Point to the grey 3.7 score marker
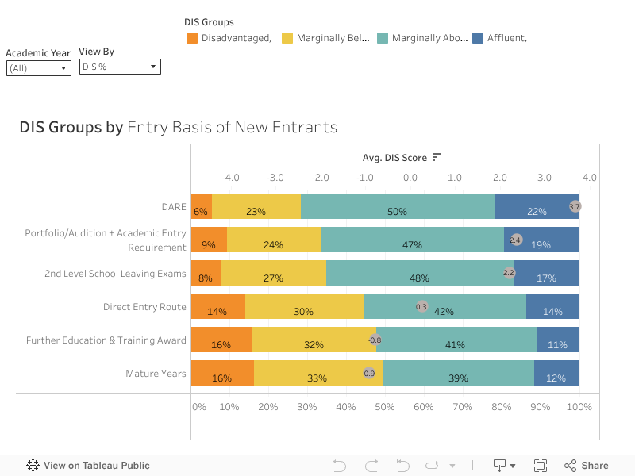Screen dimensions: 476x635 575,206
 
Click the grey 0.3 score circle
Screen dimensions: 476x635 421,306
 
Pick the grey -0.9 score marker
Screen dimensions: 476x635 369,373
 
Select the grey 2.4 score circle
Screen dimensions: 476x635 515,240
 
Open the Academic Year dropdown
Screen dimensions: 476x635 39,68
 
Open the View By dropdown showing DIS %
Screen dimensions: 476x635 120,67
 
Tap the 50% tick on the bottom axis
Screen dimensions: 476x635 385,407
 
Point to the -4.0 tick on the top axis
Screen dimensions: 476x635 231,178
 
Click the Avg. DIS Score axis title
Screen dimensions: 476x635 394,158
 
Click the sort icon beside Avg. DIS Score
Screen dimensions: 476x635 437,158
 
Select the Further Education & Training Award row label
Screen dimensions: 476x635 106,340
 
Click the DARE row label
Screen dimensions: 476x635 173,207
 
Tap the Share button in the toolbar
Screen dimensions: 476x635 587,466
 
